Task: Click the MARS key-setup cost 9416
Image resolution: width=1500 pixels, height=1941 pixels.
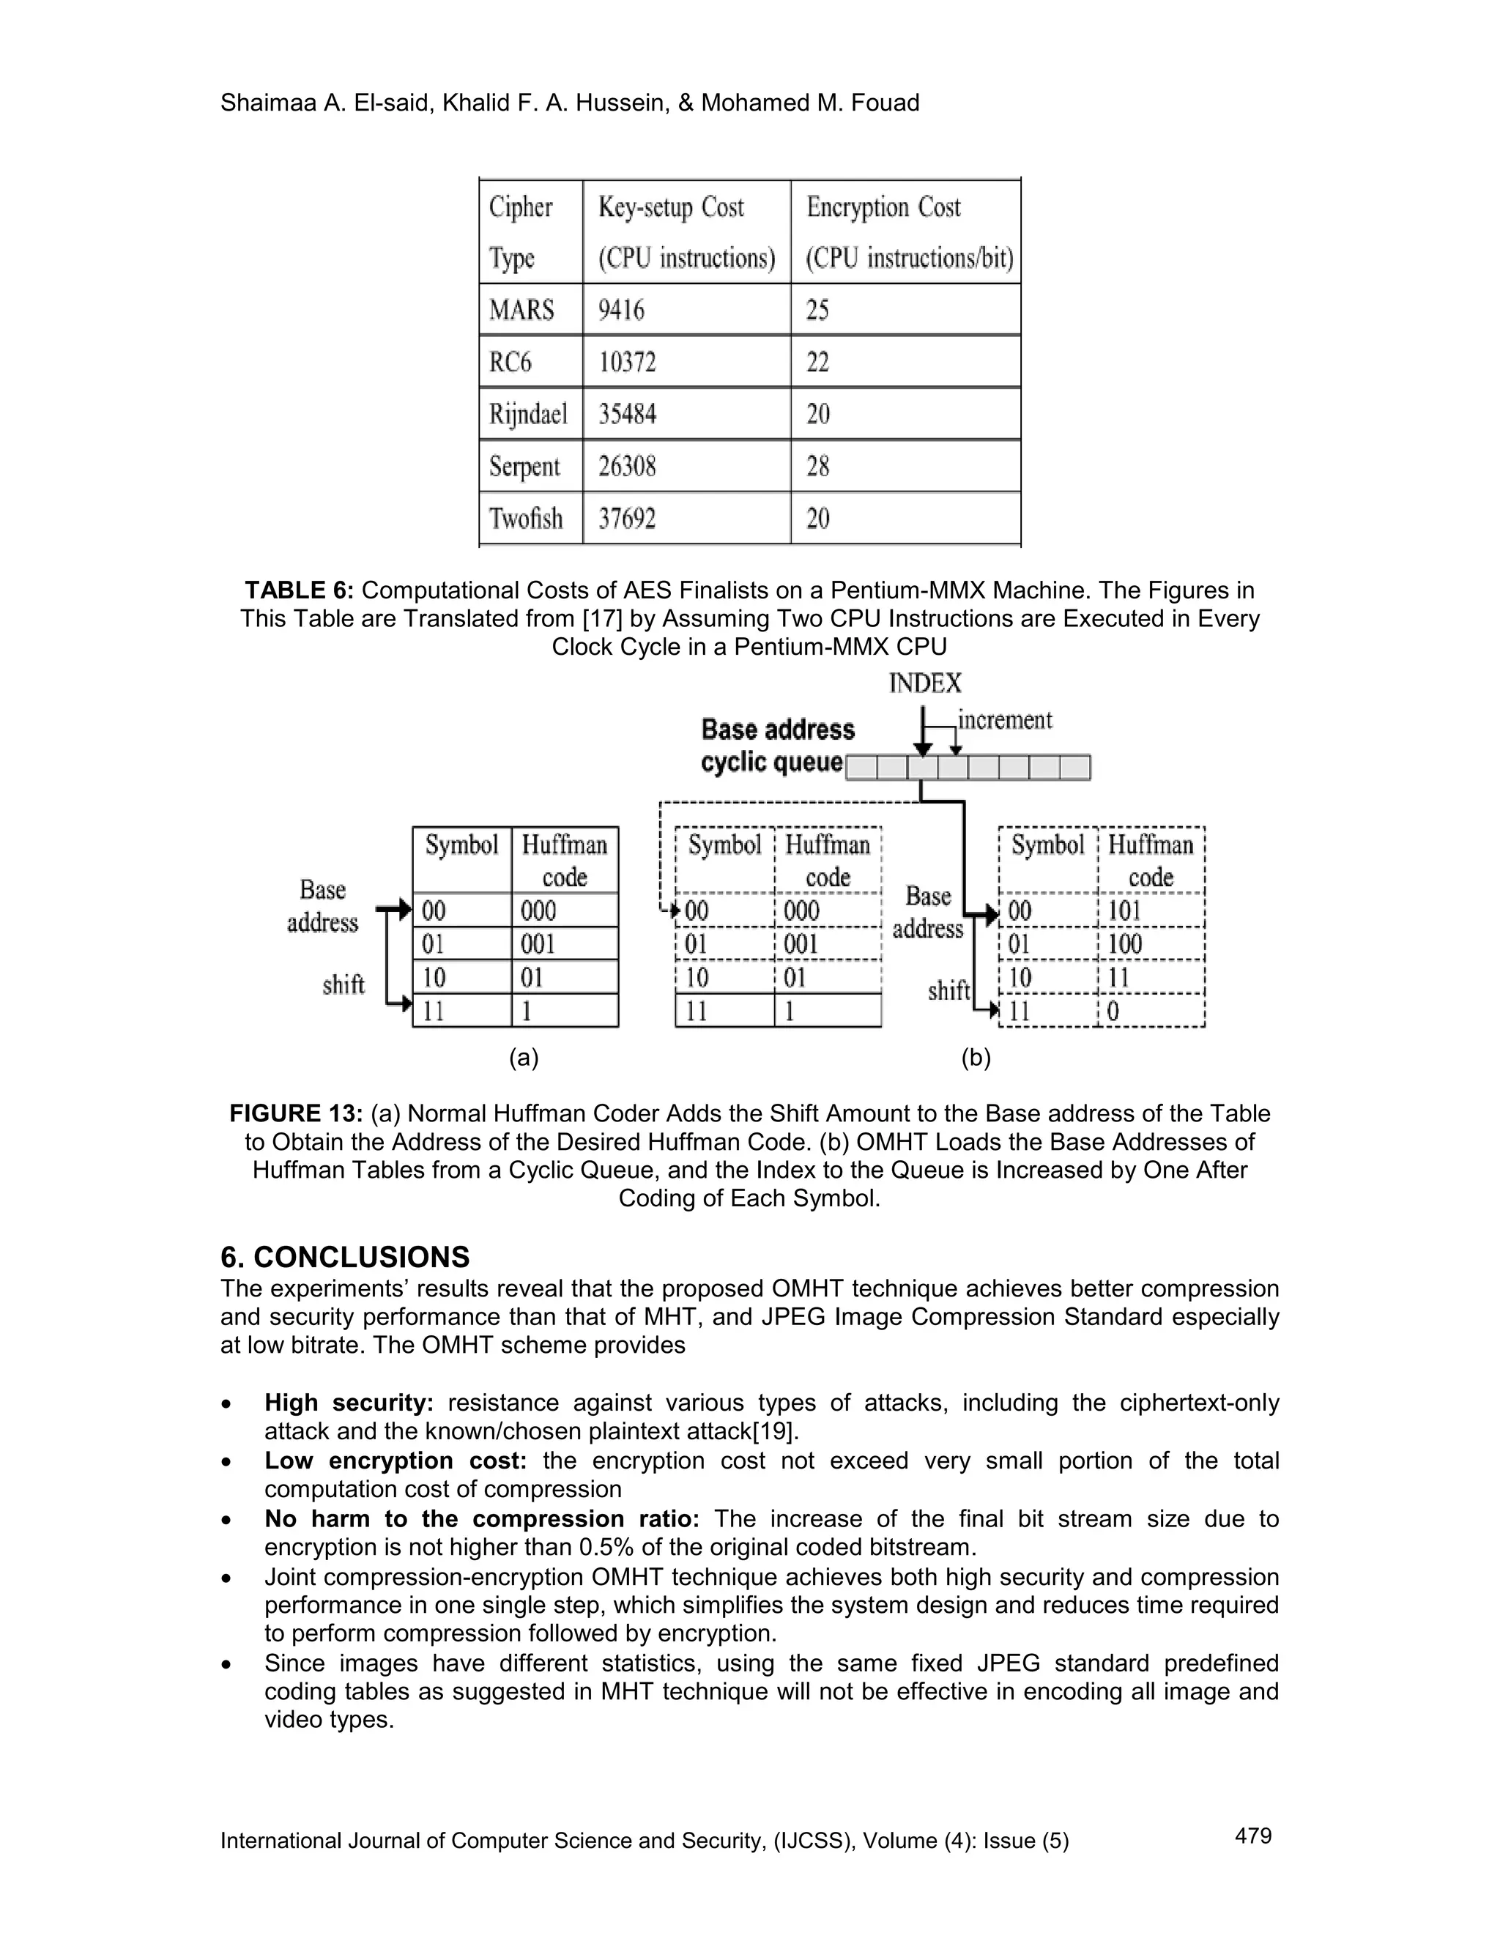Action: click(620, 310)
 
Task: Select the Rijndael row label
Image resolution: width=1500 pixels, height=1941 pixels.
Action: click(528, 414)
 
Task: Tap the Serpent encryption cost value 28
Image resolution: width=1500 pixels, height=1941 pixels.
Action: click(817, 466)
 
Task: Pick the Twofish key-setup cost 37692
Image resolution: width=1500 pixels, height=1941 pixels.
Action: click(626, 518)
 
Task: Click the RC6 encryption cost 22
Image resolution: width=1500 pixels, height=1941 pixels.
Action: click(817, 363)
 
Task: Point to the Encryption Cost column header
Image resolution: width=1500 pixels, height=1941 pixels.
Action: click(883, 207)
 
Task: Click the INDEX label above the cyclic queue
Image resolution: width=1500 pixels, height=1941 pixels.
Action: click(924, 683)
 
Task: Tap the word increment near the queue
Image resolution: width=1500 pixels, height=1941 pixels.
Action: click(1004, 720)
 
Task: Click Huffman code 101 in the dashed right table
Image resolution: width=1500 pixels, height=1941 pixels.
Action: click(1124, 911)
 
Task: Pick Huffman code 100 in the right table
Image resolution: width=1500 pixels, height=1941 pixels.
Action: click(1124, 944)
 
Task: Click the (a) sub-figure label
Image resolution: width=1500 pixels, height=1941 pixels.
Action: click(524, 1058)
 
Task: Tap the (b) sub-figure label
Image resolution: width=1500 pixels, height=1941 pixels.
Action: click(976, 1058)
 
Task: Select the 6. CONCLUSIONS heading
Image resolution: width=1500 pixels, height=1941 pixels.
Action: click(345, 1258)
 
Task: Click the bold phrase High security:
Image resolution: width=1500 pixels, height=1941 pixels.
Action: click(349, 1403)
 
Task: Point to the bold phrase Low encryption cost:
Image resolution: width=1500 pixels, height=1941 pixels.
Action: click(396, 1461)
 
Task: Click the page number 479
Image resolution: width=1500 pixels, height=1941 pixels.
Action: click(1253, 1836)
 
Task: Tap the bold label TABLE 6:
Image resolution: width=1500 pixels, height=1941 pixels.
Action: click(300, 590)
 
